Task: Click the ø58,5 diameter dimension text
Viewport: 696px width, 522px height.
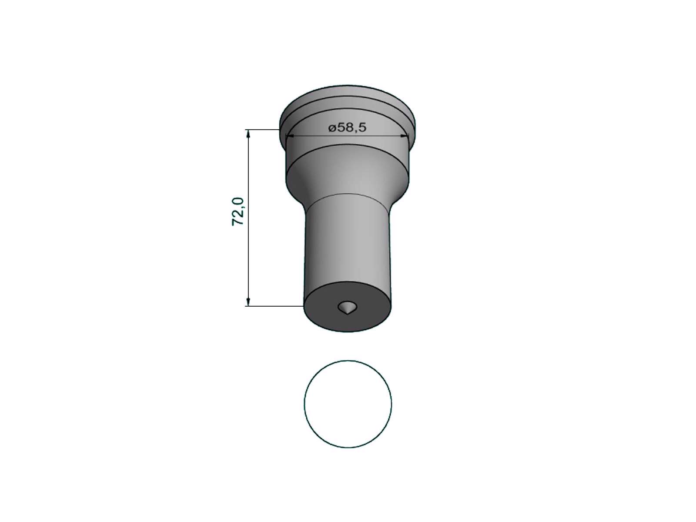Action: [x=347, y=128]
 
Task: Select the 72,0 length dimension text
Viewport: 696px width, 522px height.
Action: [x=238, y=211]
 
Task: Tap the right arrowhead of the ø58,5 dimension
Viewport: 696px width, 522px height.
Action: [x=405, y=136]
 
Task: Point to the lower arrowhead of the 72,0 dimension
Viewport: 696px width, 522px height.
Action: [x=248, y=302]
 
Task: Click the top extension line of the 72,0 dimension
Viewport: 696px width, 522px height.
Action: [x=262, y=129]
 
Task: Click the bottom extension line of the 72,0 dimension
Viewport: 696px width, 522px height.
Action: [x=274, y=306]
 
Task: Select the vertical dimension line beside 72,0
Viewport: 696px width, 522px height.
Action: [x=248, y=218]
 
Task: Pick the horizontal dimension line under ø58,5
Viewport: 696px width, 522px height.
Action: [x=347, y=136]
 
